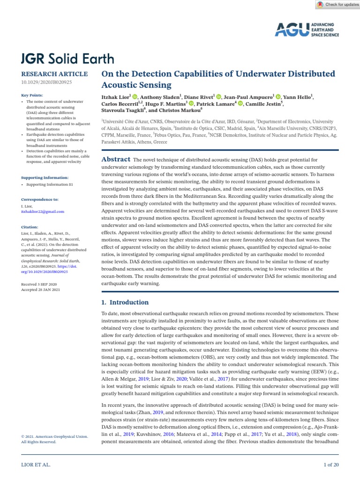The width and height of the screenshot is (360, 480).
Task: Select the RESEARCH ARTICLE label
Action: click(x=54, y=74)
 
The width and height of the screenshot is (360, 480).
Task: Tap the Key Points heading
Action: click(x=33, y=96)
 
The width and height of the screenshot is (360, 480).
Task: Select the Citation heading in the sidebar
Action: click(x=30, y=226)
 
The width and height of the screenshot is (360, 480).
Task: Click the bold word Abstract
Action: click(x=116, y=160)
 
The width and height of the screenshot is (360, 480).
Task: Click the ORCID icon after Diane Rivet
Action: click(x=218, y=97)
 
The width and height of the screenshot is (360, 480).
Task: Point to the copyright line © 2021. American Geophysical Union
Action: click(x=54, y=436)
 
